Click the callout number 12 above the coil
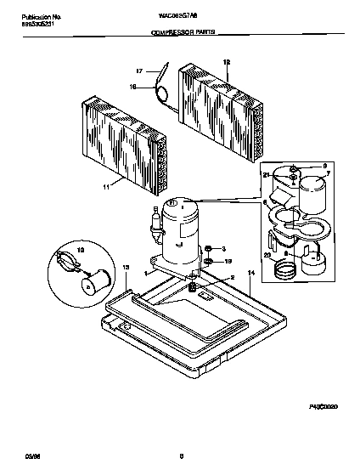coord(227,62)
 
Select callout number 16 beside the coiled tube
coord(132,86)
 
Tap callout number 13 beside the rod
coord(125,267)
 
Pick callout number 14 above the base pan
coord(250,274)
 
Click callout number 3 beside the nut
coord(222,248)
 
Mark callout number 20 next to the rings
coord(267,254)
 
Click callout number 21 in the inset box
coord(266,175)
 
